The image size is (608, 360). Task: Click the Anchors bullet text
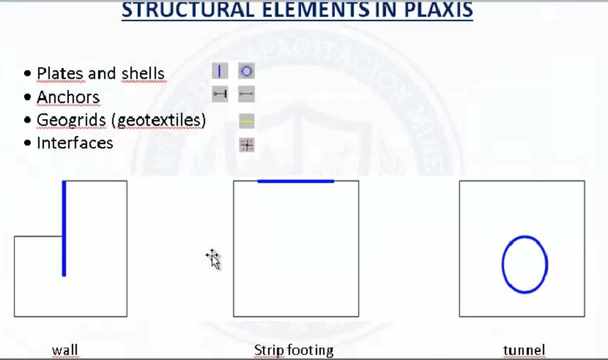[68, 97]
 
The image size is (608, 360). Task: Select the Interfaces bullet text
[74, 143]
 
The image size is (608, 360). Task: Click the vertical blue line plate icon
[219, 71]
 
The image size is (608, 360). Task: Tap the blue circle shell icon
[246, 71]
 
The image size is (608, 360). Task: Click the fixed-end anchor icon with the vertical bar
[219, 94]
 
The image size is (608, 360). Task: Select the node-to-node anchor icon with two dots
[246, 94]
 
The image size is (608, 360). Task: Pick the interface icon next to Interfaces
[247, 145]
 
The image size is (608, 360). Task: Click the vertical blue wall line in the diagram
[64, 228]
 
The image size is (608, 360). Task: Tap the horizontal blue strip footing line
[296, 181]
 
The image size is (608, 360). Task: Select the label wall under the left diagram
[65, 350]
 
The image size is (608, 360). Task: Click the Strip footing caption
[294, 350]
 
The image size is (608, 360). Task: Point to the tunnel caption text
[524, 350]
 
